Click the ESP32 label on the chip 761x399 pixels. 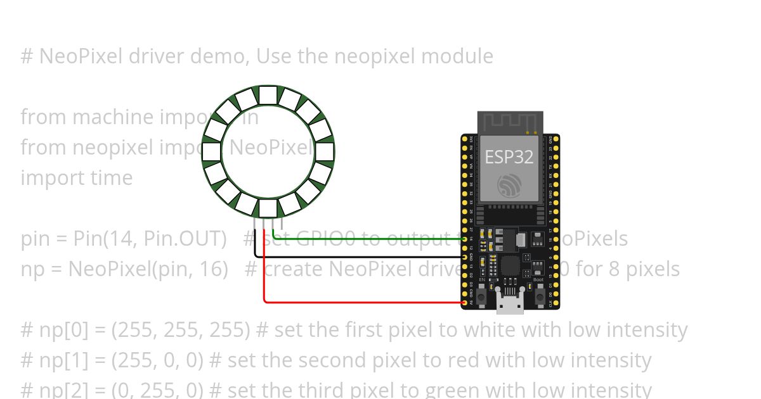509,156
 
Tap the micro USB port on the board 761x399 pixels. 510,304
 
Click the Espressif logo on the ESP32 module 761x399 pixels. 509,184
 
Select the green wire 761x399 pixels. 368,239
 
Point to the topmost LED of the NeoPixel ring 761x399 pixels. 268,96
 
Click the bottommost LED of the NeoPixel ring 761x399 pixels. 268,208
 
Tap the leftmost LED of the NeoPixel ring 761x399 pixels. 212,152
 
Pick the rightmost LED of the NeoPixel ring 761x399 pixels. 325,152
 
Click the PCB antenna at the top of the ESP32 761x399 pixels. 510,122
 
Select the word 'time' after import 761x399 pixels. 115,178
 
